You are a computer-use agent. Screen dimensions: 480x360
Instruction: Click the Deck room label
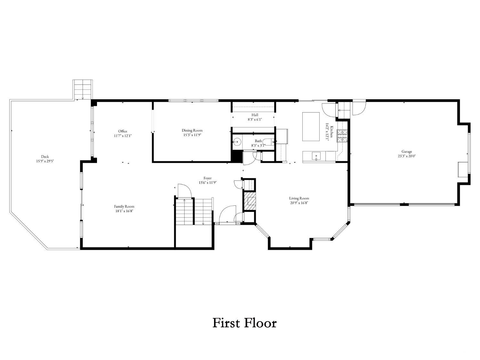(45, 156)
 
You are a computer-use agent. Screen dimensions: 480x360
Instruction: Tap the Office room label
(123, 131)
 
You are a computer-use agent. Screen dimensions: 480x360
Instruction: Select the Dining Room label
(192, 131)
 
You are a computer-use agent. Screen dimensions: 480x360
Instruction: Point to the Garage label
(406, 151)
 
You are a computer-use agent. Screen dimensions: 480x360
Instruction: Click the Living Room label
(299, 198)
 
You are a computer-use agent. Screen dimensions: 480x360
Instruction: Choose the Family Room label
(124, 206)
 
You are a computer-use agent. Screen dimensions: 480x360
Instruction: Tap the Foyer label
(207, 178)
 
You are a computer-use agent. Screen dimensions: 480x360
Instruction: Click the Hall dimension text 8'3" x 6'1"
(255, 120)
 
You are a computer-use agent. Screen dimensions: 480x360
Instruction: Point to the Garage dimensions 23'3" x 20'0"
(406, 156)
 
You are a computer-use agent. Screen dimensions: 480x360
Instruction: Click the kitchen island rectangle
(311, 126)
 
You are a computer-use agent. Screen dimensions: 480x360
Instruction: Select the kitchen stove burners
(342, 136)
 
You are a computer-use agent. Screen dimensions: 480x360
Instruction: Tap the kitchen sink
(316, 156)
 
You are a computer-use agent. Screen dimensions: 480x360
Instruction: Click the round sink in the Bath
(237, 142)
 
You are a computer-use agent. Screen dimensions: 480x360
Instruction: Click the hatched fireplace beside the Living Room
(250, 201)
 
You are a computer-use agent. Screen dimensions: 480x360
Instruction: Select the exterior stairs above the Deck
(83, 90)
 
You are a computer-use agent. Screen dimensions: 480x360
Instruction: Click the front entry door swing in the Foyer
(228, 214)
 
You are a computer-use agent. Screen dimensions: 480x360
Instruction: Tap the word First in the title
(225, 323)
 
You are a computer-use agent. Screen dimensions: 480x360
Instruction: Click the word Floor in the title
(260, 323)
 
